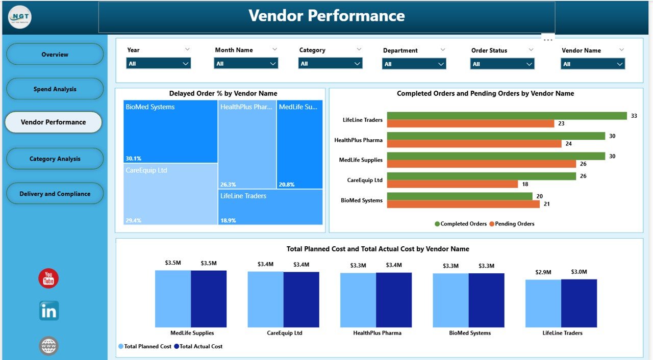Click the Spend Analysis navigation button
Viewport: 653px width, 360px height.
(55, 89)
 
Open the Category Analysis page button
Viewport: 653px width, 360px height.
(55, 159)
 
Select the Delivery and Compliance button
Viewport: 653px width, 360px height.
(55, 194)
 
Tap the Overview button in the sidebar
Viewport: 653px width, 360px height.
(55, 55)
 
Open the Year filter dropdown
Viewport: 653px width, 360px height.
(158, 64)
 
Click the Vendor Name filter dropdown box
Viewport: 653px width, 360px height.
(593, 64)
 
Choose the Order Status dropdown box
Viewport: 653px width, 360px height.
(502, 64)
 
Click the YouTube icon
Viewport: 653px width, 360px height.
(48, 278)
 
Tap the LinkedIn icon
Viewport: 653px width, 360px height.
(49, 311)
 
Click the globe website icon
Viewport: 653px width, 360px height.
(49, 346)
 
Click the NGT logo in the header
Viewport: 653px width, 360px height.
(20, 17)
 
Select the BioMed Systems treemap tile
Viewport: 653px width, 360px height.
(170, 131)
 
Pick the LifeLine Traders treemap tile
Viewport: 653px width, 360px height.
(271, 207)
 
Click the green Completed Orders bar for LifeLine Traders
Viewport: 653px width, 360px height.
(507, 116)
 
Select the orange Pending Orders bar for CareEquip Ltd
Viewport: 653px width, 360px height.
(453, 184)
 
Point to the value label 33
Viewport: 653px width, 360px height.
(634, 116)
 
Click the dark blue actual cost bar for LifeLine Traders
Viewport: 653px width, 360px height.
(579, 303)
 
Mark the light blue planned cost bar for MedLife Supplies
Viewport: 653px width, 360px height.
(173, 299)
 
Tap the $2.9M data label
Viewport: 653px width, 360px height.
(543, 272)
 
